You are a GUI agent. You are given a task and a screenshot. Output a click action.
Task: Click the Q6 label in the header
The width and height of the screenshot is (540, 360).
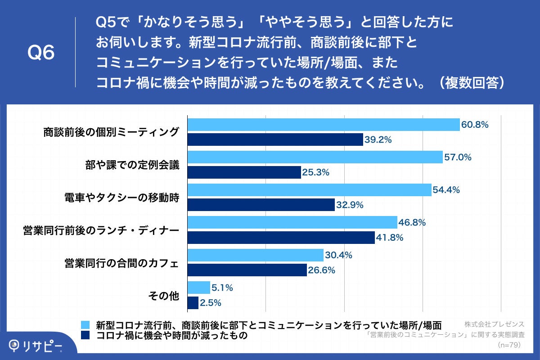tap(41, 53)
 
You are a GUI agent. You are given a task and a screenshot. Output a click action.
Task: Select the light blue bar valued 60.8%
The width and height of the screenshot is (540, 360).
tap(324, 125)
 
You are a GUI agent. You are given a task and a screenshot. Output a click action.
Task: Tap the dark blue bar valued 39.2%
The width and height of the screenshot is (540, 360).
tap(275, 139)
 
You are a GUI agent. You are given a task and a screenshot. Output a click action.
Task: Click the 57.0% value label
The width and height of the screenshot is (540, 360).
tap(458, 157)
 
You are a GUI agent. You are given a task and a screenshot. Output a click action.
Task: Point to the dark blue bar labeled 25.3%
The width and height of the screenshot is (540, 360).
tap(244, 172)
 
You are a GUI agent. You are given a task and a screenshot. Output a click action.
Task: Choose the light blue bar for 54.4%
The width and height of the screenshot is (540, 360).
tap(309, 190)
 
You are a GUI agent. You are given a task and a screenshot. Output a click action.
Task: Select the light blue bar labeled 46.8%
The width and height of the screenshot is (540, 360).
tap(292, 222)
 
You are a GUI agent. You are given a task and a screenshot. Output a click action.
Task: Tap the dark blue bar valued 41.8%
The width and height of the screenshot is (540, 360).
tap(281, 238)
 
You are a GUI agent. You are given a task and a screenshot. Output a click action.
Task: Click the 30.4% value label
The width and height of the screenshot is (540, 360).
tap(338, 255)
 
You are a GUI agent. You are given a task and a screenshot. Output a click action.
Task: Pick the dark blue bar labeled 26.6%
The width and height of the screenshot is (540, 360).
tap(247, 270)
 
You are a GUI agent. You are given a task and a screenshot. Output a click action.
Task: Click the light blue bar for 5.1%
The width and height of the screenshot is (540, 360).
tap(198, 288)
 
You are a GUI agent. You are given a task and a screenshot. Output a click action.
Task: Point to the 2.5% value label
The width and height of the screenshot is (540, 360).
tap(211, 303)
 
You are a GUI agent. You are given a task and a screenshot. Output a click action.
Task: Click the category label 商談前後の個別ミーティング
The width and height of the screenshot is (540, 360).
tap(111, 132)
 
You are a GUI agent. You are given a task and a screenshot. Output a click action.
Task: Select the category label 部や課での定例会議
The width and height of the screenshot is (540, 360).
tap(132, 165)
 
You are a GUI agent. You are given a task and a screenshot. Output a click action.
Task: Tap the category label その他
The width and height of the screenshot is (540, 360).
tap(164, 296)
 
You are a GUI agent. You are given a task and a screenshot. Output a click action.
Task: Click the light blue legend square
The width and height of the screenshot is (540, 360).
tap(85, 325)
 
